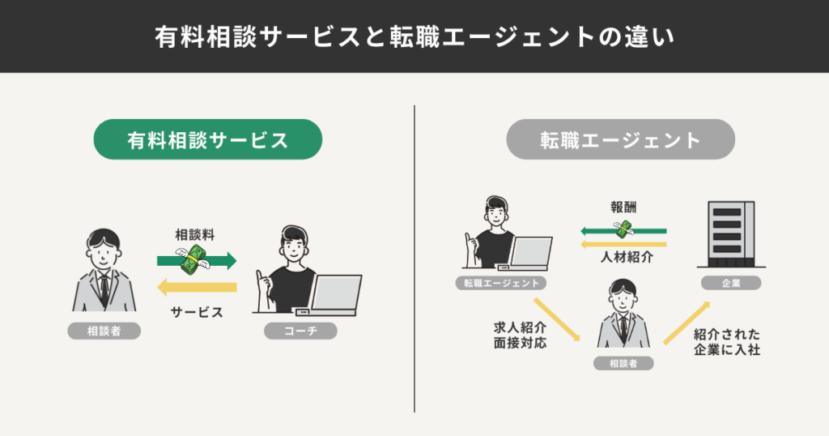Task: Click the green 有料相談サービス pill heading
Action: tap(208, 139)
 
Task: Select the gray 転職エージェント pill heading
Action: tap(620, 139)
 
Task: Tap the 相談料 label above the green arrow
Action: tap(195, 235)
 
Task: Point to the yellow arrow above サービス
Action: tap(197, 286)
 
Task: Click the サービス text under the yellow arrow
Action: tap(197, 312)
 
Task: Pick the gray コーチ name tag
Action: tap(300, 331)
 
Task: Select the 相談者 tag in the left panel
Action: tap(104, 331)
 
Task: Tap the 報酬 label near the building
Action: tap(623, 207)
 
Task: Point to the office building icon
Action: tap(731, 233)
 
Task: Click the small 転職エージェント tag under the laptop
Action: tap(500, 283)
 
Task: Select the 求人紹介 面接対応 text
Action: tap(521, 336)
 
